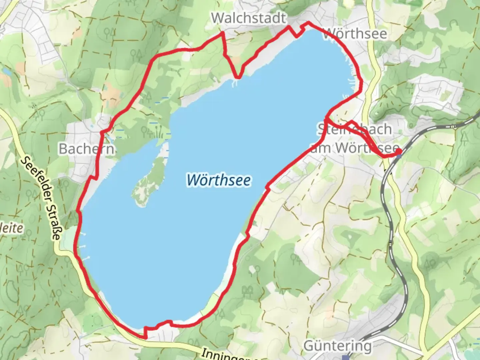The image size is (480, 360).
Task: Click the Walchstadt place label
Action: point(249,18)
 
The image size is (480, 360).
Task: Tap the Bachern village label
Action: point(86,149)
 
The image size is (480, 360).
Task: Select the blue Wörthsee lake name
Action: point(219,180)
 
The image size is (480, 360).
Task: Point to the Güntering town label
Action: point(337,346)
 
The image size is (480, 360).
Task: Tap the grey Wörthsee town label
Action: point(356,34)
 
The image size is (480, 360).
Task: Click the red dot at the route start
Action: point(399,152)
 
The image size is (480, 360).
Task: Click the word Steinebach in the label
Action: point(354,129)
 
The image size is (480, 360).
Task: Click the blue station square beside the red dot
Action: point(399,156)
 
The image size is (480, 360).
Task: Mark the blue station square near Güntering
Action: point(347,357)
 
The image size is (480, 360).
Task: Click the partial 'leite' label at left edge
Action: point(12,228)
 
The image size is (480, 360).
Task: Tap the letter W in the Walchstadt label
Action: point(217,18)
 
